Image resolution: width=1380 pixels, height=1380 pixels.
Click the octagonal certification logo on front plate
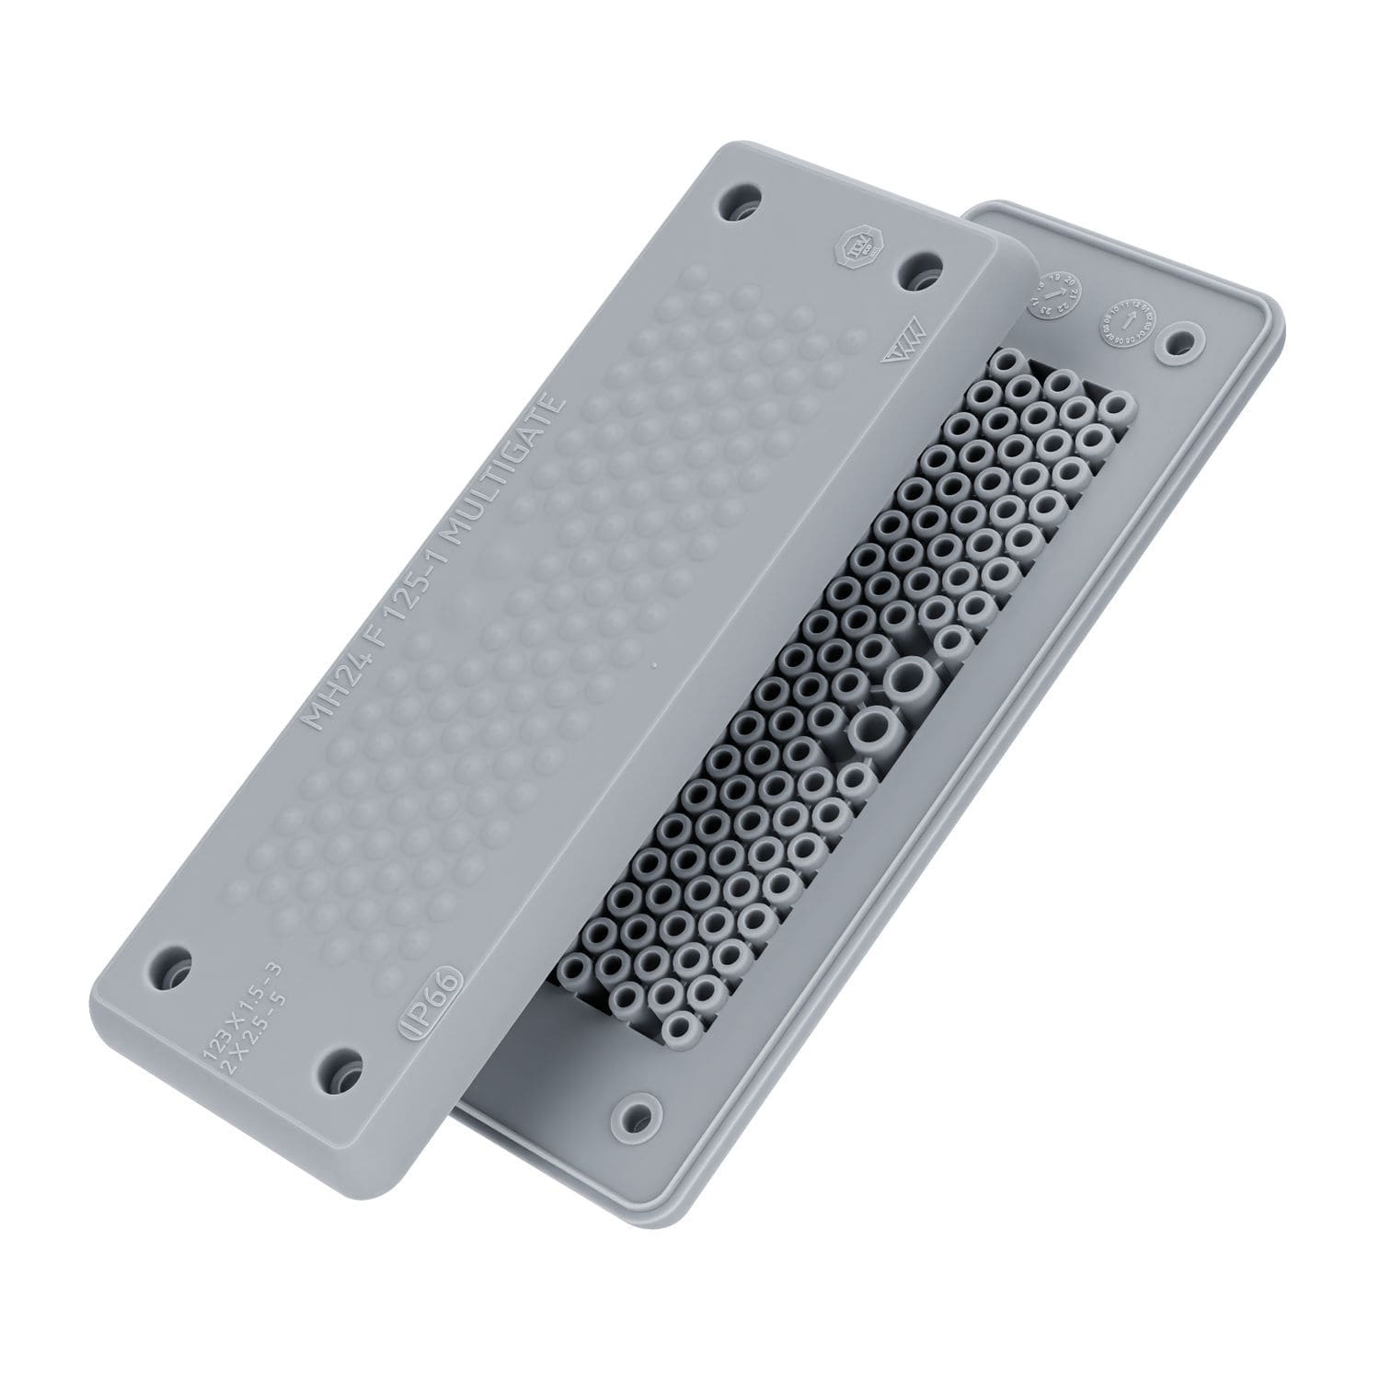pyautogui.click(x=856, y=247)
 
